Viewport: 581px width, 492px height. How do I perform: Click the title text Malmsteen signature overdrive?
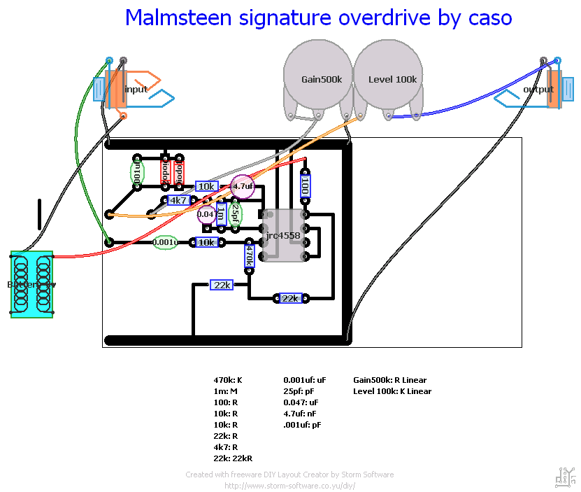click(318, 17)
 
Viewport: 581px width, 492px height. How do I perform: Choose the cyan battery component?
click(31, 284)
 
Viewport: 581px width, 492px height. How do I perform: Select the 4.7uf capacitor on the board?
click(243, 187)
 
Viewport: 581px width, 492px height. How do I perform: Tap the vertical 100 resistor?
click(305, 186)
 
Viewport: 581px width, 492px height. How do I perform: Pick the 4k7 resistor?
click(178, 200)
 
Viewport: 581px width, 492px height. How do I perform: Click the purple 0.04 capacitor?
click(207, 214)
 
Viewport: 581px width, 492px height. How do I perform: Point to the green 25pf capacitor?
click(235, 213)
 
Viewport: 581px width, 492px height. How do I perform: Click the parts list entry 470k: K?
click(227, 380)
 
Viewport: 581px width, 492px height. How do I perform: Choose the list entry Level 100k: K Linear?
click(392, 391)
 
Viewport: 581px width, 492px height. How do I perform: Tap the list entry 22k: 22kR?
click(233, 458)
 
